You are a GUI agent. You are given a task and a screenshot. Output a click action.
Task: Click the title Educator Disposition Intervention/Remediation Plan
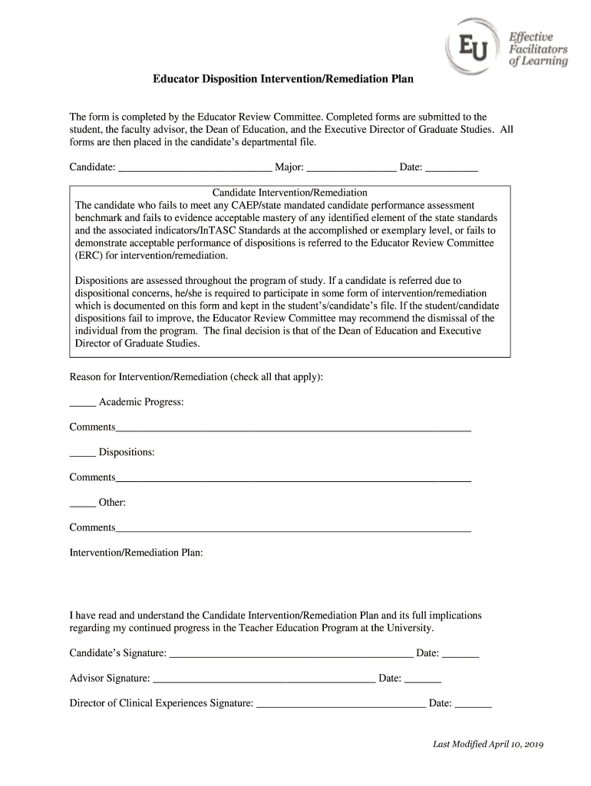(x=283, y=78)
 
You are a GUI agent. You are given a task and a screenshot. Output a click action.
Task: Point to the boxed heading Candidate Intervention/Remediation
(x=289, y=193)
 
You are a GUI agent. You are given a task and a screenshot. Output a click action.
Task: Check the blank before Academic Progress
(x=82, y=404)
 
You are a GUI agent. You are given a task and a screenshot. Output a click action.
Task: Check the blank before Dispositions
(x=82, y=454)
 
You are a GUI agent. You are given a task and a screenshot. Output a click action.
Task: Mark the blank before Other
(x=82, y=504)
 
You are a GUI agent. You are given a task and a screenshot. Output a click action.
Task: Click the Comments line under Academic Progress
(x=293, y=429)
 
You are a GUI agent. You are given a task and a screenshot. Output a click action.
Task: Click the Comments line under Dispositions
(x=293, y=480)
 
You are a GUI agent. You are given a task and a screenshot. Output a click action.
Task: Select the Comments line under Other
(x=293, y=530)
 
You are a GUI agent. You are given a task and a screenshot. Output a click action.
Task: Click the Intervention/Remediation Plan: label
(x=136, y=553)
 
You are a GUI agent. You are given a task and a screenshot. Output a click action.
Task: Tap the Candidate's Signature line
(x=290, y=656)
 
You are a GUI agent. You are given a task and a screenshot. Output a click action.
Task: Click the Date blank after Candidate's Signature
(x=461, y=656)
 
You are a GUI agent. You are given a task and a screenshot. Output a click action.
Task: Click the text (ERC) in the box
(x=89, y=256)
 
